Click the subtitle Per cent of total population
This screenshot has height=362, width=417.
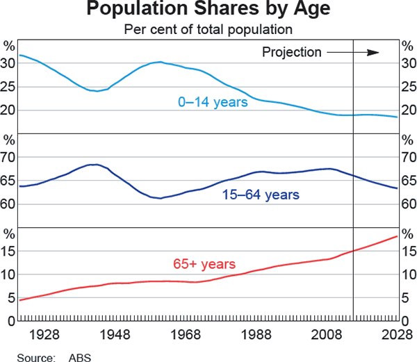pos(208,30)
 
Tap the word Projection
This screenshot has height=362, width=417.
pos(292,52)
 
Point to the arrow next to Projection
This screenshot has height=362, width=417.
pos(353,52)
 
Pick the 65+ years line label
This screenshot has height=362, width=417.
pos(204,264)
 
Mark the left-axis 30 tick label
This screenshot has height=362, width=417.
pos(9,63)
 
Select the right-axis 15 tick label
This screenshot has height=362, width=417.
pos(408,251)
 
